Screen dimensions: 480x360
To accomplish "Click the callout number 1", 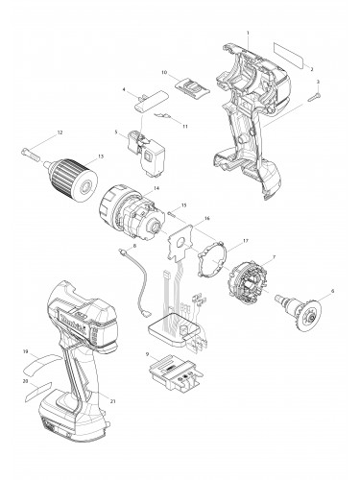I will coord(249,35).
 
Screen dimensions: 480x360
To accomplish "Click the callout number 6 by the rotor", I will coord(334,291).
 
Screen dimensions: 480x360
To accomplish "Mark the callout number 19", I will coord(24,352).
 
